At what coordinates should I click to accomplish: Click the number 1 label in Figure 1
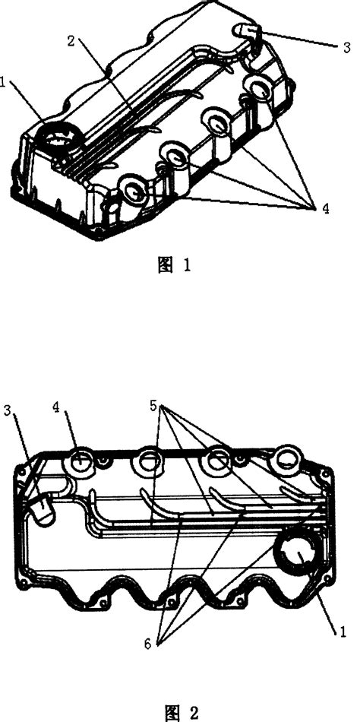click(x=2, y=84)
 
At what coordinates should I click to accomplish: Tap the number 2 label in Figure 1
click(x=71, y=41)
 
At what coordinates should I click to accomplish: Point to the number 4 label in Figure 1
click(x=326, y=208)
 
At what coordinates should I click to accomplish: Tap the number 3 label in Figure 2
click(x=7, y=410)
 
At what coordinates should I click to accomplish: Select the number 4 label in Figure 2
click(x=56, y=408)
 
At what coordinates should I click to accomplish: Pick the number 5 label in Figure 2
click(x=153, y=406)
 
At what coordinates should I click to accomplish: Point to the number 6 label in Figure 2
click(x=147, y=644)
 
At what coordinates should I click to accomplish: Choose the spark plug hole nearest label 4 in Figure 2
click(x=81, y=460)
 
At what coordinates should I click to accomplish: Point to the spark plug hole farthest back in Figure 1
click(x=259, y=87)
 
